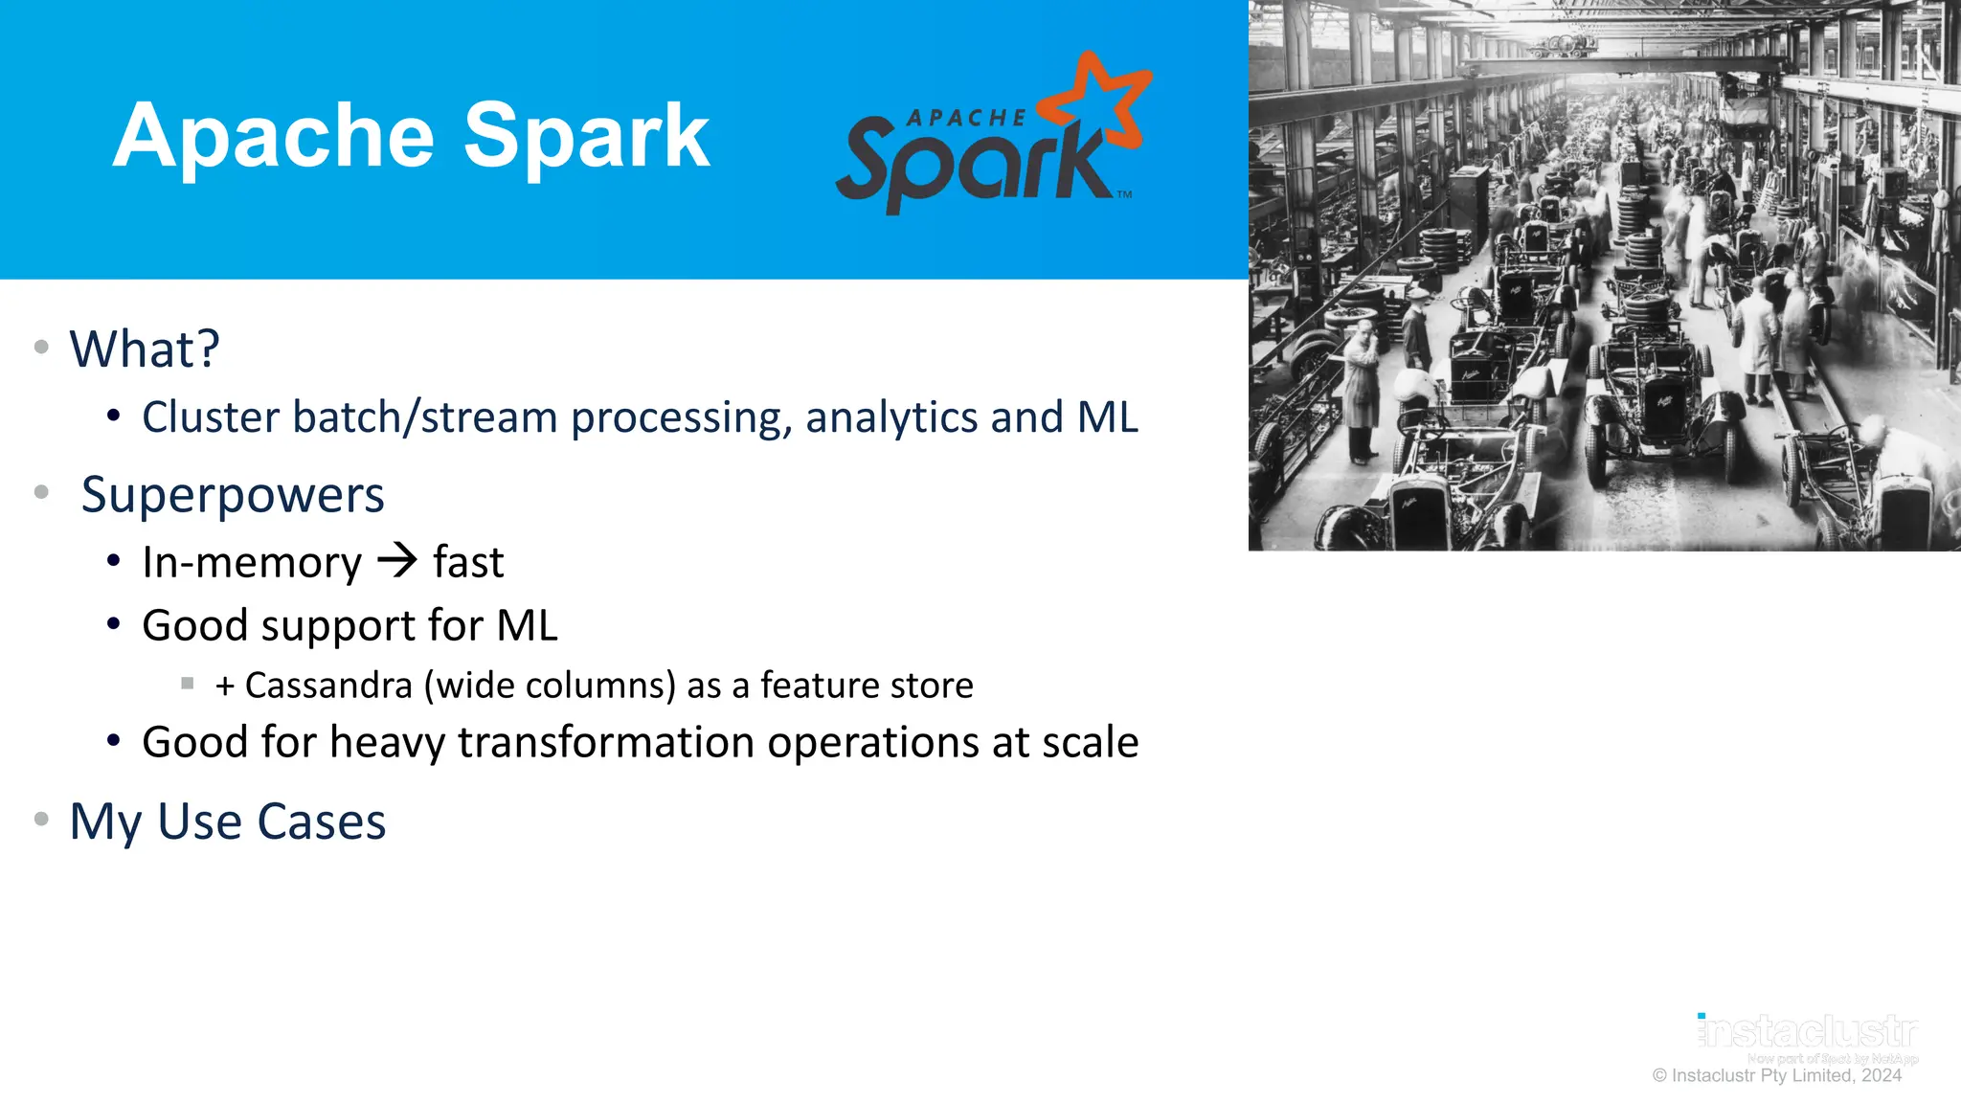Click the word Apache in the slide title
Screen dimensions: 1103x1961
pyautogui.click(x=273, y=137)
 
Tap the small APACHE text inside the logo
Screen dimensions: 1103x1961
pyautogui.click(x=965, y=118)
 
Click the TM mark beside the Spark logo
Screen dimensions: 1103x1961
pyautogui.click(x=1124, y=194)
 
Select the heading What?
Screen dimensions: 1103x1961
pyautogui.click(x=145, y=349)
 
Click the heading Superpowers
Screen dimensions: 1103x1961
pyautogui.click(x=233, y=495)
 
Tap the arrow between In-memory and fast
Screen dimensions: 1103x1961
pyautogui.click(x=397, y=560)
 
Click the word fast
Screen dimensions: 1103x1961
pyautogui.click(x=467, y=562)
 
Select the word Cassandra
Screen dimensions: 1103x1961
pyautogui.click(x=328, y=686)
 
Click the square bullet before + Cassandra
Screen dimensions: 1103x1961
pyautogui.click(x=188, y=684)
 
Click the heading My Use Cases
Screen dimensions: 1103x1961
pyautogui.click(x=228, y=822)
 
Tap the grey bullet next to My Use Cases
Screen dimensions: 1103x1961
pyautogui.click(x=41, y=819)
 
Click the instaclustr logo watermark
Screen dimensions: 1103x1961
pyautogui.click(x=1807, y=1032)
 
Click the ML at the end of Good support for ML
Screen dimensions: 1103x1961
pyautogui.click(x=527, y=625)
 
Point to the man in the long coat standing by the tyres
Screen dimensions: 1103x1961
pyautogui.click(x=1362, y=388)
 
